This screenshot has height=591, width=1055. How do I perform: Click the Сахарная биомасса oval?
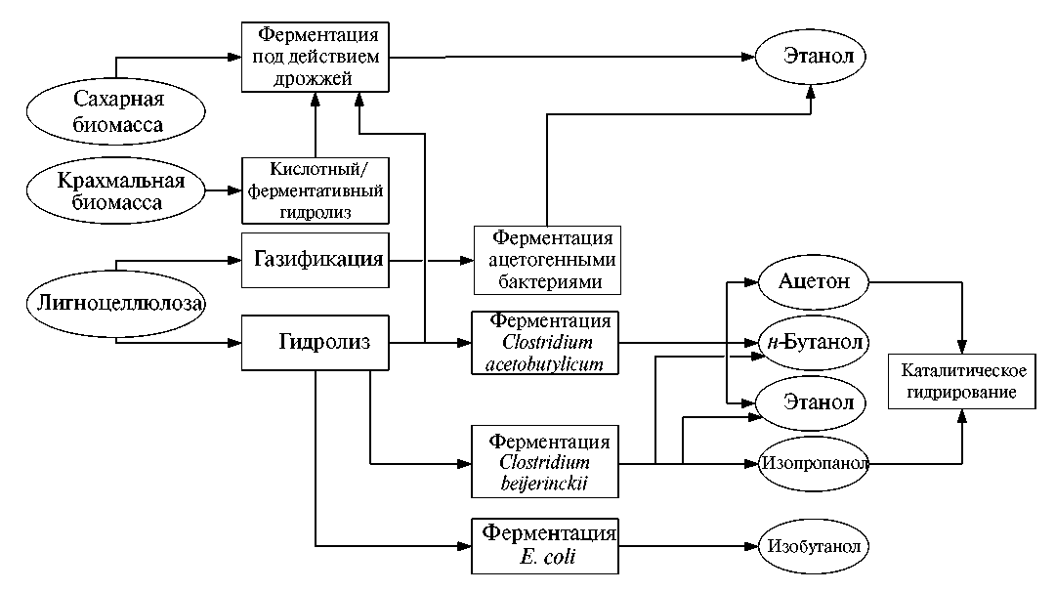coord(118,112)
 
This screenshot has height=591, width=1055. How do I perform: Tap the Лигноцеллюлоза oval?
coord(117,304)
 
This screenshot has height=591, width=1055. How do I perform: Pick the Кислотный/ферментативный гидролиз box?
coord(315,190)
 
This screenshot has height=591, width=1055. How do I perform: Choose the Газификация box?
coord(315,261)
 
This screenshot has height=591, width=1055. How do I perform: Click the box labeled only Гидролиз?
coord(315,343)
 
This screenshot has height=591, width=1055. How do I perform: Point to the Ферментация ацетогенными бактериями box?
coord(546,261)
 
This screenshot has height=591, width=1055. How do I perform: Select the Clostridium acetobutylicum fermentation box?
coord(546,343)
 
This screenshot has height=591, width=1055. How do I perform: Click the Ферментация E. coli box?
coord(546,546)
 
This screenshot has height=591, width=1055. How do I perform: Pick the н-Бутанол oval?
coord(813,342)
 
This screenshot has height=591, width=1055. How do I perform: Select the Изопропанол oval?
coord(814,463)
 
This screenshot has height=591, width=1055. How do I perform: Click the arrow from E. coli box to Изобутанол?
coord(689,546)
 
